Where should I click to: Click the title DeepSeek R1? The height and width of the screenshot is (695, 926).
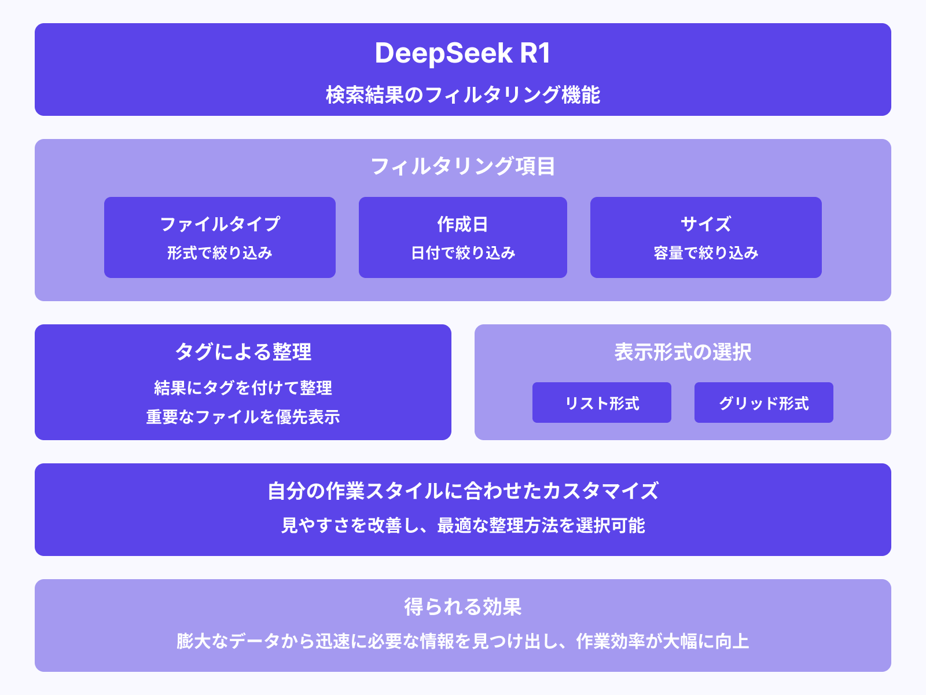[463, 53]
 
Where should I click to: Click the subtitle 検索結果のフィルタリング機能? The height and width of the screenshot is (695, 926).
[463, 95]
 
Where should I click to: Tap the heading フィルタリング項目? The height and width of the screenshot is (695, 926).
[463, 167]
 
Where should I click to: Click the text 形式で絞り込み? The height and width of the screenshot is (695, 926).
[220, 253]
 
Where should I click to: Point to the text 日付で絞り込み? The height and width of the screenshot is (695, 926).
[463, 253]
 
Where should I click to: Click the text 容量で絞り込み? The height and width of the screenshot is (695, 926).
[706, 253]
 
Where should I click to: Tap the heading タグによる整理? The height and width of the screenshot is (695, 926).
[243, 352]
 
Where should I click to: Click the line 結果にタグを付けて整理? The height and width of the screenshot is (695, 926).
[243, 388]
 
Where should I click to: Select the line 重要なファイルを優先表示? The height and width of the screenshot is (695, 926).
[243, 417]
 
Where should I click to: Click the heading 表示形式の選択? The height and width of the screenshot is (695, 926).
[683, 352]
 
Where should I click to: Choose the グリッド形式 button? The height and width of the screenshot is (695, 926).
[764, 403]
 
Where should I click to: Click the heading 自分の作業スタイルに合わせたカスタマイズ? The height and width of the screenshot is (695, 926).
[463, 491]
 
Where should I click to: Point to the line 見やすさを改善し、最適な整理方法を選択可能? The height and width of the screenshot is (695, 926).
[463, 526]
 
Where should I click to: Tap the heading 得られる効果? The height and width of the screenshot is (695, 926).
[463, 607]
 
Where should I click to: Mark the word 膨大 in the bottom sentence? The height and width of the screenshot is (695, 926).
[194, 642]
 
